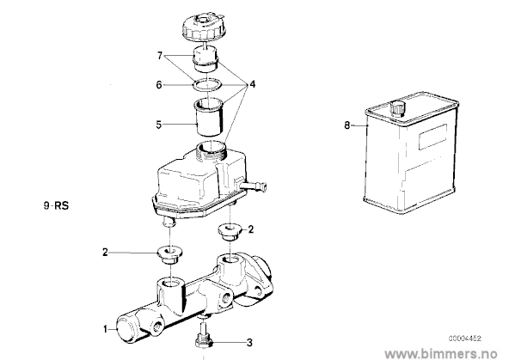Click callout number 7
click(x=160, y=56)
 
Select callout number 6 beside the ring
click(x=159, y=85)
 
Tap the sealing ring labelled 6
click(x=207, y=85)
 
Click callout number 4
click(x=252, y=85)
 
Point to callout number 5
click(x=159, y=125)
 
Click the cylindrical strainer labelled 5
click(x=209, y=118)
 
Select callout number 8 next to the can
click(x=347, y=125)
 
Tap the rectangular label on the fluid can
click(x=432, y=137)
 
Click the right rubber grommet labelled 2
click(x=229, y=232)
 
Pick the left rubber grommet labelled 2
click(x=169, y=255)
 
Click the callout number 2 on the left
click(x=105, y=253)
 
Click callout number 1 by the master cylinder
click(x=105, y=330)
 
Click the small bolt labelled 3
click(x=203, y=337)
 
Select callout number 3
click(x=249, y=343)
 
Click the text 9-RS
click(x=56, y=206)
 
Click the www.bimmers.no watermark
click(x=440, y=353)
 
